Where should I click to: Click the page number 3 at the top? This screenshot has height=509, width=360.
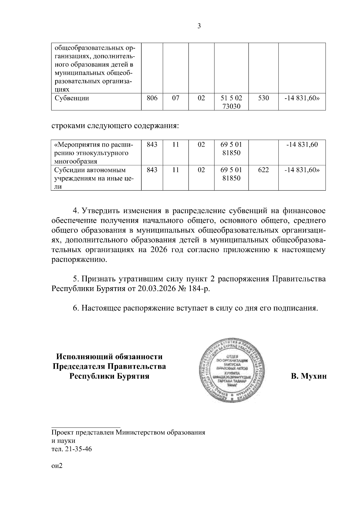[x=199, y=26]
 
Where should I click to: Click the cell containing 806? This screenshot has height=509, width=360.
[x=152, y=98]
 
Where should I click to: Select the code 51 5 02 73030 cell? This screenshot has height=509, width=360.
[x=231, y=102]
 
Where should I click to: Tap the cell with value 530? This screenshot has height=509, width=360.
[x=263, y=98]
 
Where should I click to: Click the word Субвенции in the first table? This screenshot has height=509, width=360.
[x=72, y=98]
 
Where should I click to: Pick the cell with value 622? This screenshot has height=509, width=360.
[x=263, y=170]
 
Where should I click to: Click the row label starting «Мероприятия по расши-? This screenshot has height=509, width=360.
[x=93, y=145]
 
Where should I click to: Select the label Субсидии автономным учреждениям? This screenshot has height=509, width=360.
[x=90, y=170]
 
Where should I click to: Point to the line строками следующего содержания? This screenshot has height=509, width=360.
[x=115, y=125]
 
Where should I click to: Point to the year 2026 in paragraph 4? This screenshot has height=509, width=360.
[x=156, y=250]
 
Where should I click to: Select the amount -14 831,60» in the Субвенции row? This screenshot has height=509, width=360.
[x=302, y=98]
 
